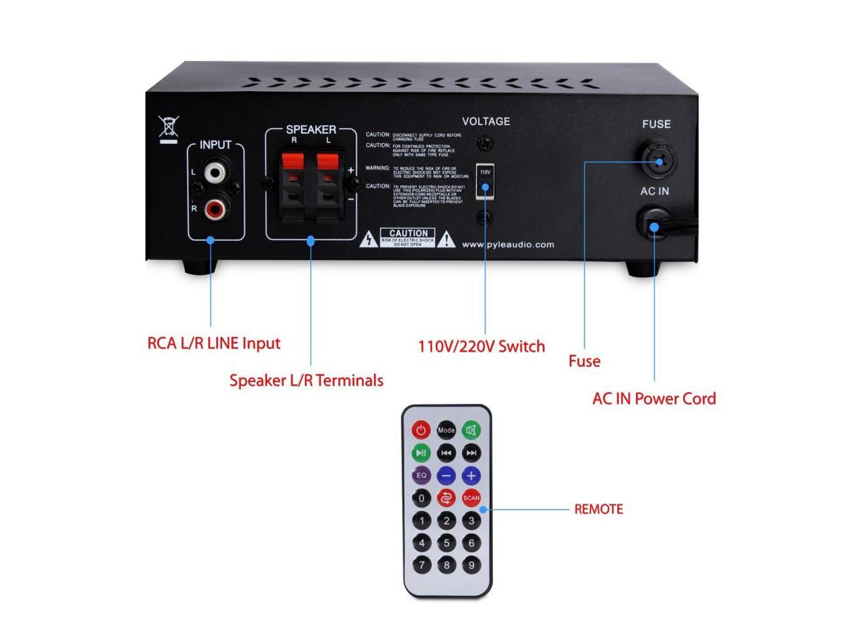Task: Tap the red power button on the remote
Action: coord(421,429)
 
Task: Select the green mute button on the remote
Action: coord(471,430)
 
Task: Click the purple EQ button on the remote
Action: coord(421,475)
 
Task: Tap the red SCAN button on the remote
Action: coord(471,498)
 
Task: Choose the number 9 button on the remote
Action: coord(471,565)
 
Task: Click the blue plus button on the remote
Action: coord(471,475)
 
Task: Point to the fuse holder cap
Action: coord(659,158)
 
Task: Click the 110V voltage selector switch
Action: coord(485,181)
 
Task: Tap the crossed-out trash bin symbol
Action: coord(169,128)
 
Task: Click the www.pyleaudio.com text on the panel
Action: coord(508,245)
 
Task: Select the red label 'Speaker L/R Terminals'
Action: coord(306,381)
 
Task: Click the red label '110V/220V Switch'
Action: coord(481,346)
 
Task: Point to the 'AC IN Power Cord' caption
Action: coord(654,399)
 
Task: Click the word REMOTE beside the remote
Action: coord(599,510)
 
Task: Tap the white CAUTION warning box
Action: coord(408,237)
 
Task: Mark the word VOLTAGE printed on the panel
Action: coord(486,122)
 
